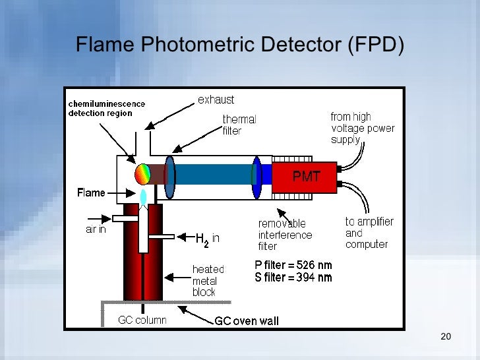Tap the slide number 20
pos(445,338)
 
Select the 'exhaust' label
pos(216,100)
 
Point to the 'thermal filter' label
pos(239,125)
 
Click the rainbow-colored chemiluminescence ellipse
pos(143,174)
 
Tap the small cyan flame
pos(144,196)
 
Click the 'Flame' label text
pos(91,193)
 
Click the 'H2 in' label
pos(207,237)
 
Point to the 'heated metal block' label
pos(208,280)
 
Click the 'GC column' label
pos(142,320)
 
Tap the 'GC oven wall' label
pos(247,321)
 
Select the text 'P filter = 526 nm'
pos(293,265)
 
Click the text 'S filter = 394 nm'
pos(293,278)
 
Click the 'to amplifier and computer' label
pos(369,233)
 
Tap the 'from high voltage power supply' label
pos(362,128)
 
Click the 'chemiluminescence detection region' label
pos(107,108)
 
